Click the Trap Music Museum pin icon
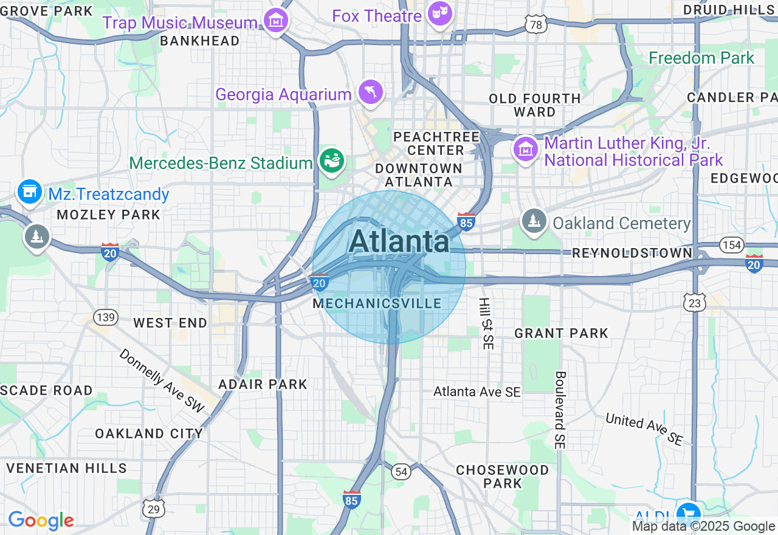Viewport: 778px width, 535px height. [276, 21]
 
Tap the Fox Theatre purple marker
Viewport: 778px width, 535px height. [439, 13]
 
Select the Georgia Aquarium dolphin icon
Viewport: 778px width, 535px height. [370, 92]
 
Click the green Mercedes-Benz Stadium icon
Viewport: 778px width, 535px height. [331, 162]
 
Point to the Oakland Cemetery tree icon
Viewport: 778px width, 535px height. [534, 222]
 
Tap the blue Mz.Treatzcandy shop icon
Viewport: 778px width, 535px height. [29, 193]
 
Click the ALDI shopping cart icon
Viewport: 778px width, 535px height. [690, 512]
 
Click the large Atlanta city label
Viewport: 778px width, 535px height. [399, 241]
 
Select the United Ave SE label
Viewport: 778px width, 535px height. [644, 429]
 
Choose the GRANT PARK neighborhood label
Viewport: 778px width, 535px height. [561, 333]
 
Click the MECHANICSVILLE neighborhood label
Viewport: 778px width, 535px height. [377, 303]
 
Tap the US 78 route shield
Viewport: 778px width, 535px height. [535, 24]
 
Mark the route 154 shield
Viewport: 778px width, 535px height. [731, 244]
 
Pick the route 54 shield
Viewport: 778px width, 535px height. [401, 471]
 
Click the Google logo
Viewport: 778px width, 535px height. [41, 520]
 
